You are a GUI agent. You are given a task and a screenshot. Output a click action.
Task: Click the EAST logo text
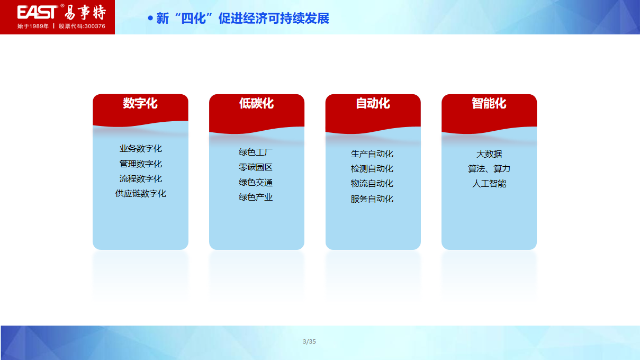click(37, 12)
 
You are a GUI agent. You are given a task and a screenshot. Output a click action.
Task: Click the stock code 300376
click(95, 26)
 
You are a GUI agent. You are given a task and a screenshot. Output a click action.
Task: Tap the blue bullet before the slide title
click(150, 19)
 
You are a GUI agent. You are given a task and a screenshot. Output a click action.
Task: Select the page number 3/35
click(309, 341)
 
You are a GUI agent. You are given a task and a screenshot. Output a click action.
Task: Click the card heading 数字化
click(140, 103)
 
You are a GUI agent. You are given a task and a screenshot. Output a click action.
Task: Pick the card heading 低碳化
click(257, 103)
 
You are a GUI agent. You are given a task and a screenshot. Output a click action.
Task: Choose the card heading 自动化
click(373, 103)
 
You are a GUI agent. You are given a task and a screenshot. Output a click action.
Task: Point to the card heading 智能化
click(489, 103)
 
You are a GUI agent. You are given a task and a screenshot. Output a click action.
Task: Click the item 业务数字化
click(141, 149)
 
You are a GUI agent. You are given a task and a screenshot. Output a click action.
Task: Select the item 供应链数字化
click(141, 194)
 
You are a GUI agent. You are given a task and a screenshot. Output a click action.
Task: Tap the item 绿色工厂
click(256, 152)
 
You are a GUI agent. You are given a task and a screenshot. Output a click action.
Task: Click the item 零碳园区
click(256, 167)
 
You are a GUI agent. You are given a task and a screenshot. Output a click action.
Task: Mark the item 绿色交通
click(256, 182)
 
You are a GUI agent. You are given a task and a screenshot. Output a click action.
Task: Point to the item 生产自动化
click(372, 154)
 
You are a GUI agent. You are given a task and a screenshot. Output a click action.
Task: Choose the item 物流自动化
click(372, 183)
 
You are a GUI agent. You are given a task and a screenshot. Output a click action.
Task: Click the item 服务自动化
click(372, 199)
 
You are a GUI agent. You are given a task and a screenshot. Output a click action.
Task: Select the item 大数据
click(489, 154)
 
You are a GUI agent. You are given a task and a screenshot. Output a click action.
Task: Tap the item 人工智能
click(489, 183)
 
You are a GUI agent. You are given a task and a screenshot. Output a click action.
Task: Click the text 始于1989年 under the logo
click(33, 26)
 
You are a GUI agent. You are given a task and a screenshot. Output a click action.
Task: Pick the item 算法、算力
click(489, 169)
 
